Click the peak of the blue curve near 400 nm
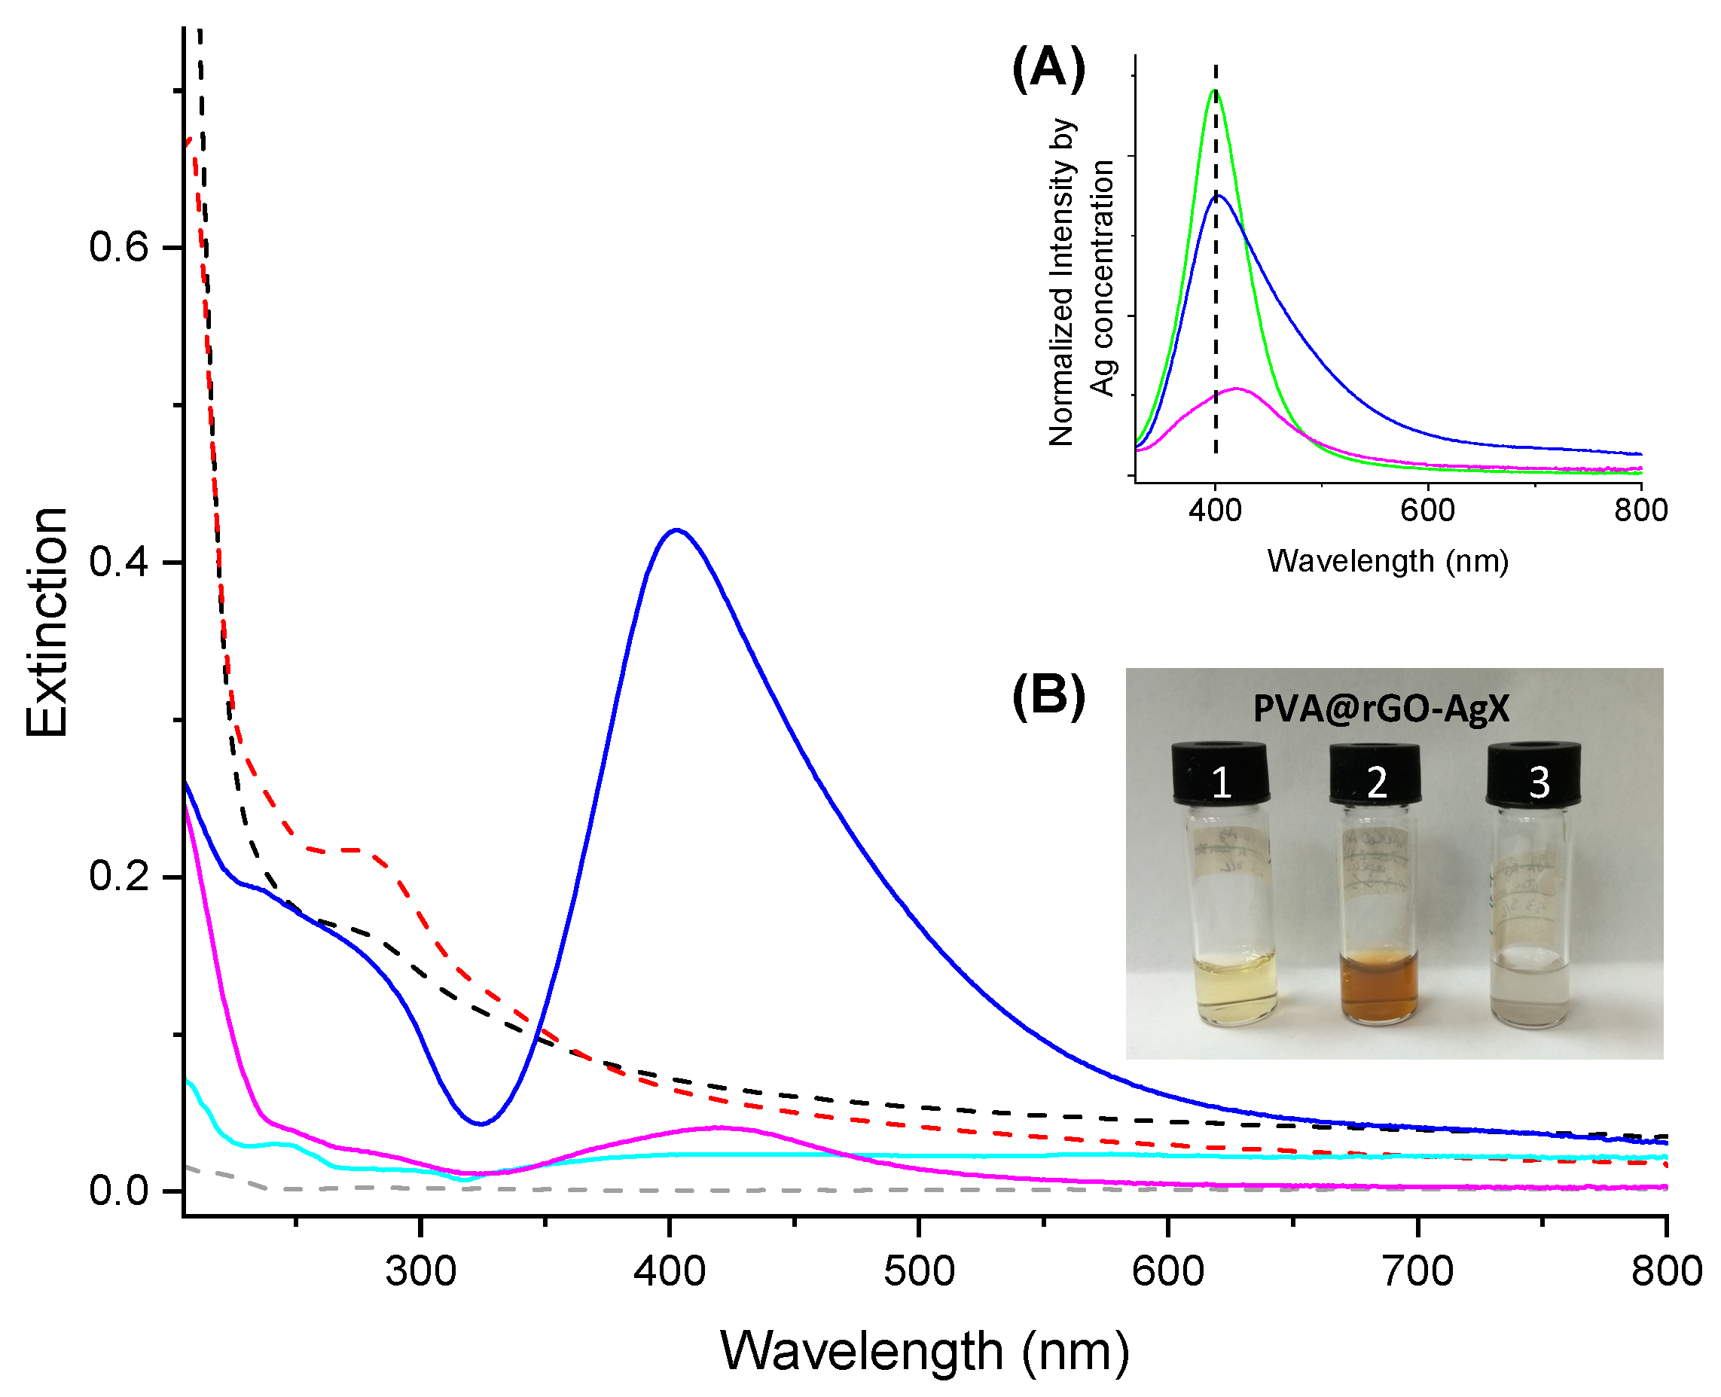[676, 530]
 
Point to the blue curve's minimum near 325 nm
[481, 1124]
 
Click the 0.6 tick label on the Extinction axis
[119, 246]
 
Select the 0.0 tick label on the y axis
[119, 1190]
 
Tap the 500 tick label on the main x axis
[919, 1272]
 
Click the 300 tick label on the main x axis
[420, 1272]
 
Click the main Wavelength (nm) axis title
[924, 1351]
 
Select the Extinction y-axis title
[47, 622]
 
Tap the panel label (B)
[1048, 695]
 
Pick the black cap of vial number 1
[1221, 774]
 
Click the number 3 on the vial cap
[1539, 782]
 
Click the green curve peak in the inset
[1214, 91]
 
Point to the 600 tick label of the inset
[1427, 510]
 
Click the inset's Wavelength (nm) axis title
[1387, 561]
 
